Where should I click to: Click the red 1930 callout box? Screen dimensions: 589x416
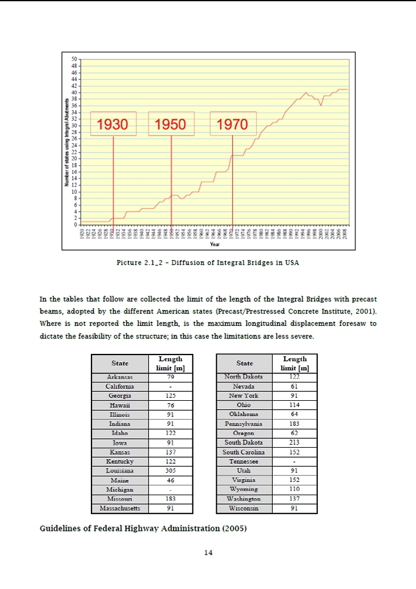click(x=113, y=124)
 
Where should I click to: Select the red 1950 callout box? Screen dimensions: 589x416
click(x=171, y=124)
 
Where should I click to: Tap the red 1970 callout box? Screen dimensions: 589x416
click(x=232, y=124)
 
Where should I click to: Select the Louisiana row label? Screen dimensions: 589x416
click(x=119, y=470)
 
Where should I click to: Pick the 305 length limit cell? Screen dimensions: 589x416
click(x=171, y=470)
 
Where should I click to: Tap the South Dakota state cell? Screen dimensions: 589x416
click(x=244, y=442)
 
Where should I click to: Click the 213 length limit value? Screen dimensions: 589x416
click(x=295, y=442)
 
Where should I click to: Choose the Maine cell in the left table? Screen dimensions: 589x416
click(x=119, y=480)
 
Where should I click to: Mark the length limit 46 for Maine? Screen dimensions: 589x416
click(x=171, y=480)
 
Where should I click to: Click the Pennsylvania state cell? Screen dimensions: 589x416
click(x=244, y=424)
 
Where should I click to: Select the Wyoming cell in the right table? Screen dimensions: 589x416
click(x=244, y=489)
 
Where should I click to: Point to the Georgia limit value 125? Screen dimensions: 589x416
click(x=171, y=395)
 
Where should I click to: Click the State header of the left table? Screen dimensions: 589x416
click(x=119, y=363)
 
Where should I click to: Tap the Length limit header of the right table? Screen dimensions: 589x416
click(x=295, y=363)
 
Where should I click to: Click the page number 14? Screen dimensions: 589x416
click(x=208, y=553)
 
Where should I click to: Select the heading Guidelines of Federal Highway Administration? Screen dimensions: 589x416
click(x=143, y=528)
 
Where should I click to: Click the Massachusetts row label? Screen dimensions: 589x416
click(x=119, y=508)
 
